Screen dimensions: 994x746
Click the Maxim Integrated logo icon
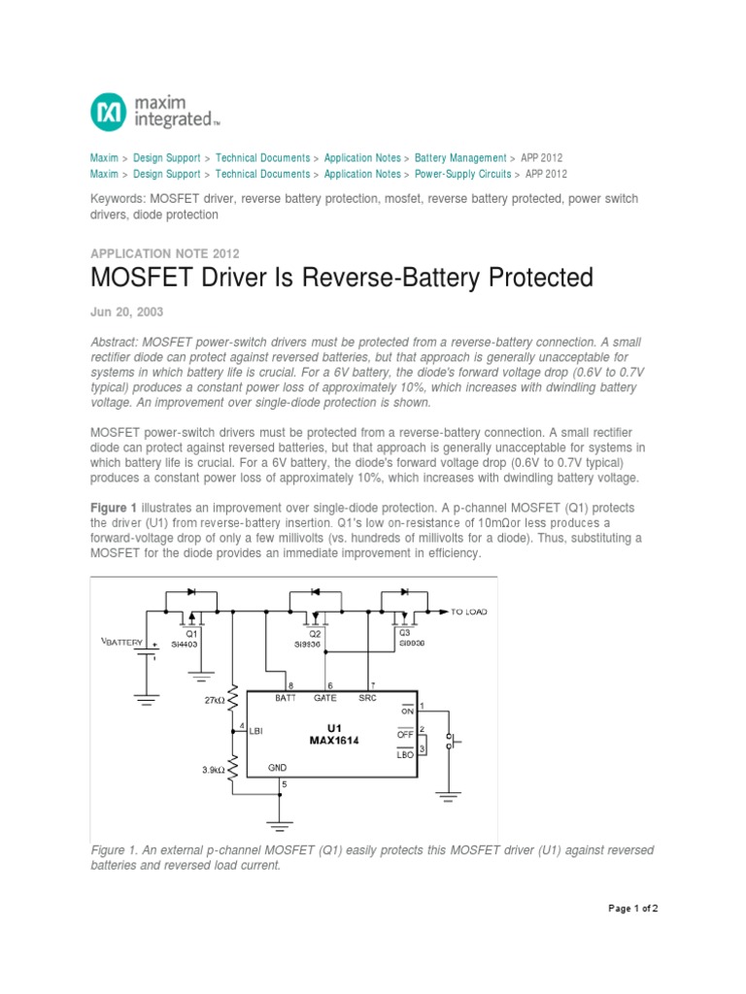108,112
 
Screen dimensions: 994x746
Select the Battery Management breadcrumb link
460,157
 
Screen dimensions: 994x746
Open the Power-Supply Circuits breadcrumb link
463,174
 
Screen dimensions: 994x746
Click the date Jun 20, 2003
126,312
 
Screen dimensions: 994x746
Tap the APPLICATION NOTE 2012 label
164,252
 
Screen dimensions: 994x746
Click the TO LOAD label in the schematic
472,612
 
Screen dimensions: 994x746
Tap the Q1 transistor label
191,633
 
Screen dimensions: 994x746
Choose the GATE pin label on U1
325,697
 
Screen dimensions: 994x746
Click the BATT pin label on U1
286,697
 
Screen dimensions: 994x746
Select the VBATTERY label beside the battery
121,642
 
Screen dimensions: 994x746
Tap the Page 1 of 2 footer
633,909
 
